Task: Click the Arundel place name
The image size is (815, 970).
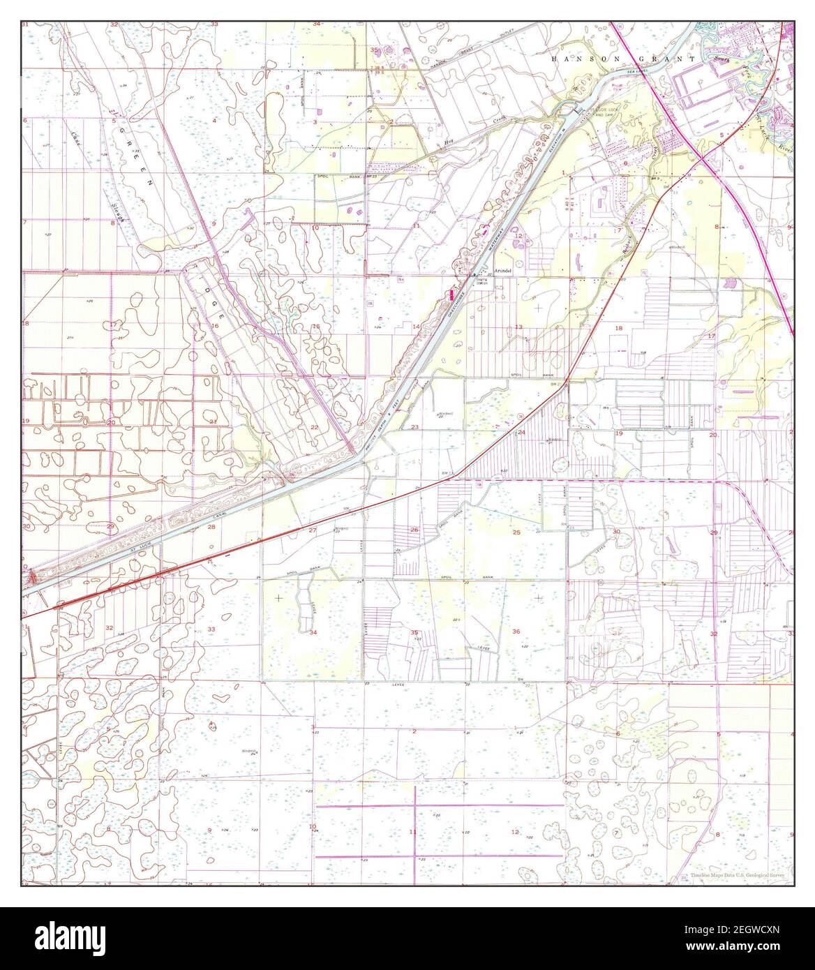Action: coord(503,269)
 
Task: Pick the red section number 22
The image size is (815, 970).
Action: coord(315,427)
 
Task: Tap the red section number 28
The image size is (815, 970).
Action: coord(211,528)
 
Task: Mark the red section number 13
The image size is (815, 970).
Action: coord(518,327)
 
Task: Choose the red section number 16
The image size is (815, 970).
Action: coord(217,326)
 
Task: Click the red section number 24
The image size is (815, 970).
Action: coord(521,433)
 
